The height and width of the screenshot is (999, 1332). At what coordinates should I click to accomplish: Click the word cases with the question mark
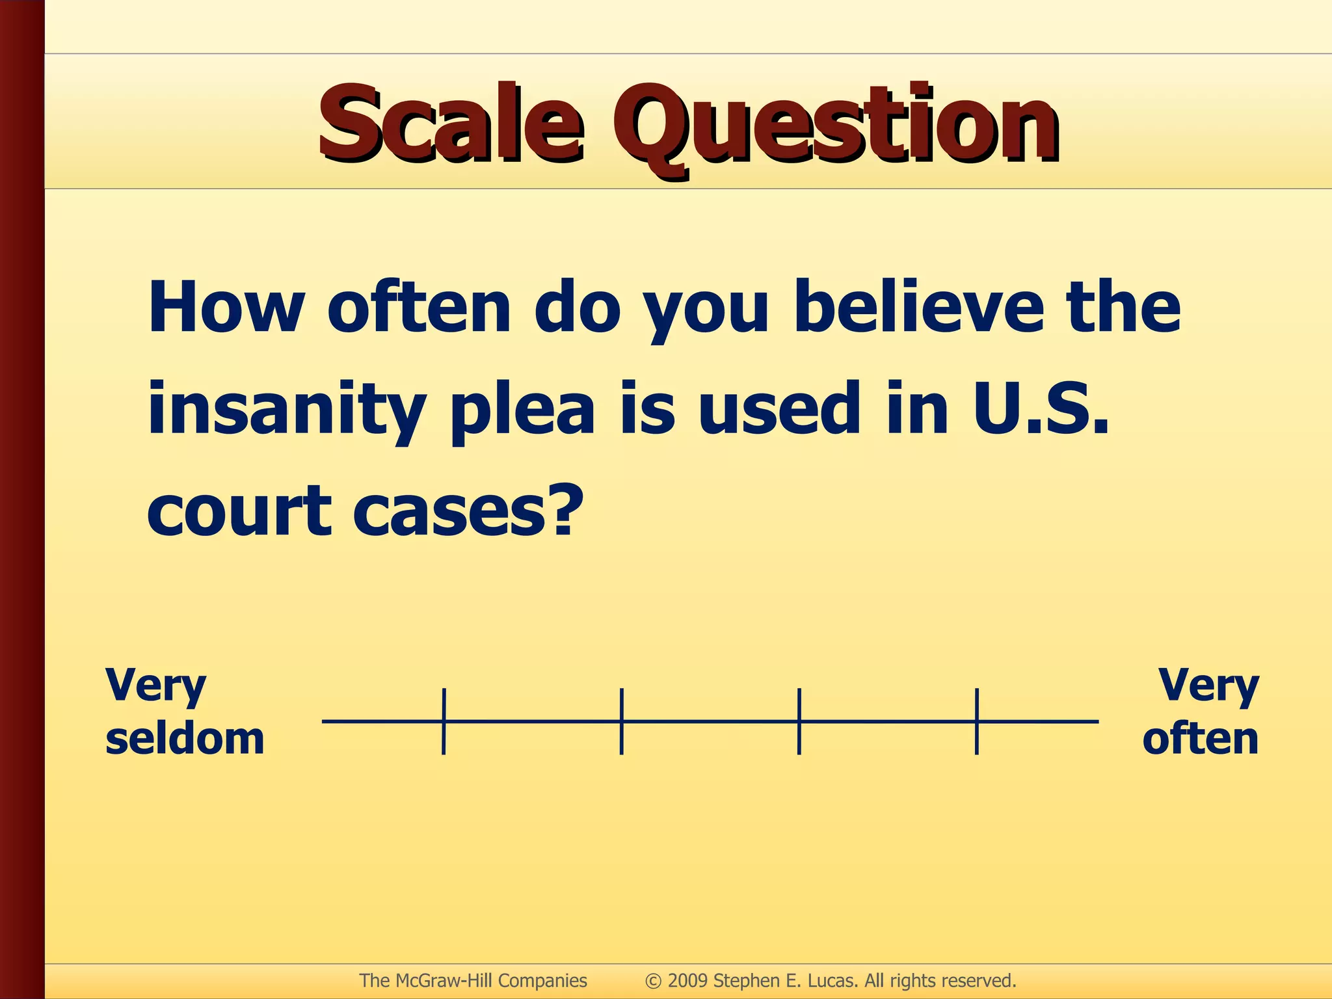pyautogui.click(x=466, y=511)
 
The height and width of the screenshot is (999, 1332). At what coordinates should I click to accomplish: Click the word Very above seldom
pyautogui.click(x=155, y=686)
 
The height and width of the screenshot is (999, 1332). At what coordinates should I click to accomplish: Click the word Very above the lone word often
pyautogui.click(x=1208, y=686)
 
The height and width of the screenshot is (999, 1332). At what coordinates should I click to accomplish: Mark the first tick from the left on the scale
pyautogui.click(x=444, y=721)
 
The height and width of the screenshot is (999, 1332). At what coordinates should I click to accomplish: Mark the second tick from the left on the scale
pyautogui.click(x=622, y=721)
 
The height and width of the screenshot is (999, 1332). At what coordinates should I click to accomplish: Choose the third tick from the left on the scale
pyautogui.click(x=799, y=721)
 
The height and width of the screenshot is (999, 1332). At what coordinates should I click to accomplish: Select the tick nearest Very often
pyautogui.click(x=976, y=721)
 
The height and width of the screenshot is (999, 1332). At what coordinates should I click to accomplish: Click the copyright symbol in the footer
pyautogui.click(x=653, y=980)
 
